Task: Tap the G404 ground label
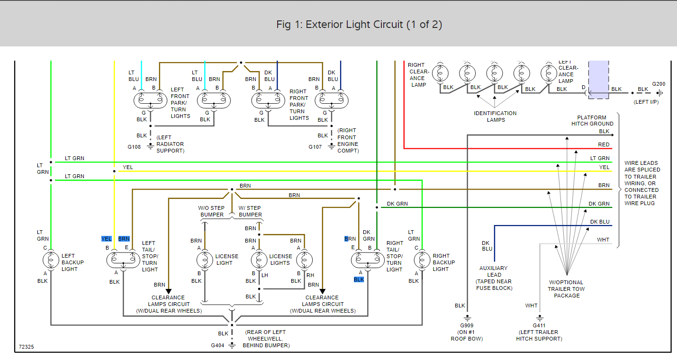coord(217,345)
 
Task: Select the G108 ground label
coord(134,147)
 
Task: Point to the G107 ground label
coord(315,147)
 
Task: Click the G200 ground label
coord(659,84)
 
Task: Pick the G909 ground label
coord(467,325)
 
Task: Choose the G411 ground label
coord(539,325)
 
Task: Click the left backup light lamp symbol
coord(50,260)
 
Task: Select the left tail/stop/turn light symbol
coord(119,260)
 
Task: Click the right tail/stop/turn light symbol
coord(368,260)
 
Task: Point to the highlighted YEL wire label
coord(107,239)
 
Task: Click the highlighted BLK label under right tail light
coord(359,279)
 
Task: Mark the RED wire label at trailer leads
coord(604,144)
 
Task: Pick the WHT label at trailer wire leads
coord(603,240)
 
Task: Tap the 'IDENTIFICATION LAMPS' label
coord(495,117)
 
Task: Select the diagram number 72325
coord(26,347)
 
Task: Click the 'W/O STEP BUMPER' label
coord(211,211)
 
